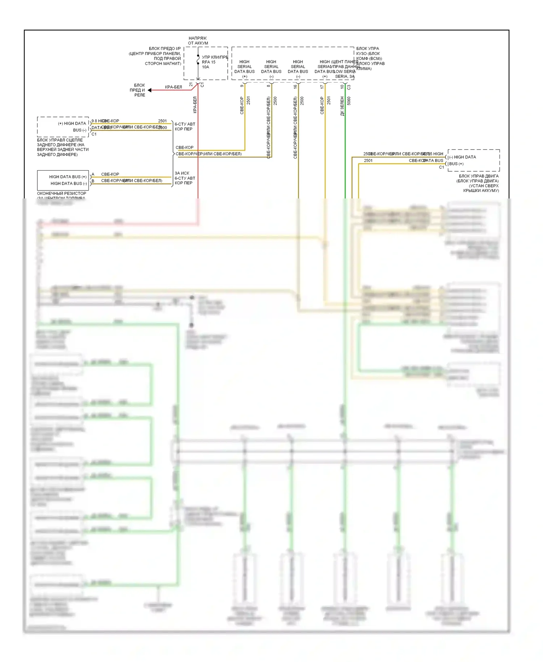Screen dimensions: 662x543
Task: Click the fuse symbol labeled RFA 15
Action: tap(198, 60)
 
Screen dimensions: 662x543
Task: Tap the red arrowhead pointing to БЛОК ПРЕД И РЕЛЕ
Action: tap(150, 90)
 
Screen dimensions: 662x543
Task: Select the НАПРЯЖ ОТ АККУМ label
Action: tap(198, 41)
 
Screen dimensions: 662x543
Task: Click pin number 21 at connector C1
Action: tap(191, 85)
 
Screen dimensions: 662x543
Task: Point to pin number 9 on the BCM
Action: tap(242, 86)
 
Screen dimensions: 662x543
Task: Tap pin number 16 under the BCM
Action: tap(295, 87)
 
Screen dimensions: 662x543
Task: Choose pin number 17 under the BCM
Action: tap(322, 87)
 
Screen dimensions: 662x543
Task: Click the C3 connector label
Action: tap(349, 87)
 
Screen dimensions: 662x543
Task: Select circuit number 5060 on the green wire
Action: tap(349, 101)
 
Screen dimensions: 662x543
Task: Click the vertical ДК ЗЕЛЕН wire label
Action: tap(342, 106)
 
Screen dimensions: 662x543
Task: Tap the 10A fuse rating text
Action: tap(206, 67)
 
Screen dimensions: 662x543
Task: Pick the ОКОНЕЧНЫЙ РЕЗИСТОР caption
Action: tap(62, 193)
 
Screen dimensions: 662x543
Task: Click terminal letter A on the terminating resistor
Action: tap(93, 174)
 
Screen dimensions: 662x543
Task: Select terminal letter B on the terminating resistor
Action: tap(93, 181)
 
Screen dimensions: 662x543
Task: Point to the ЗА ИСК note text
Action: tap(182, 173)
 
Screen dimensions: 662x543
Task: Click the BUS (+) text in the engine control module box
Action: tap(456, 164)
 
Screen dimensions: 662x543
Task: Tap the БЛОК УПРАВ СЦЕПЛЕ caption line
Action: tap(60, 140)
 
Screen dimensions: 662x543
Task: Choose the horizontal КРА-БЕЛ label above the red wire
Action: tap(173, 87)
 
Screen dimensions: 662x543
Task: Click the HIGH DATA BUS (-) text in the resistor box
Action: tap(69, 184)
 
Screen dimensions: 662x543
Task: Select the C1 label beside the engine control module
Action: tap(441, 167)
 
